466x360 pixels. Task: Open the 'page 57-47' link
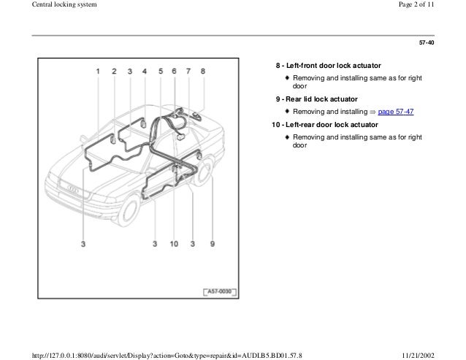(x=392, y=112)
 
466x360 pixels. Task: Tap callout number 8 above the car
(x=203, y=72)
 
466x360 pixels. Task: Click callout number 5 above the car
(x=160, y=72)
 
